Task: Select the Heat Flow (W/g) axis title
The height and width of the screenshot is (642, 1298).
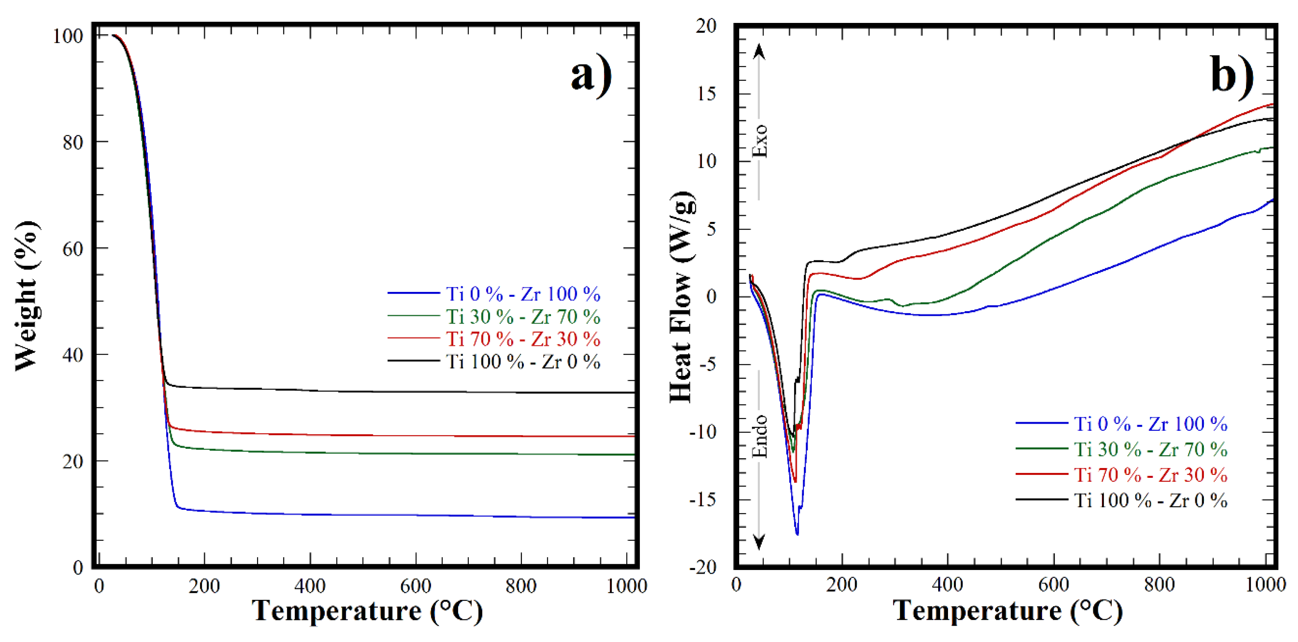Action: pyautogui.click(x=682, y=297)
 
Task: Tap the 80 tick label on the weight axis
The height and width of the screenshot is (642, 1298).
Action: pyautogui.click(x=72, y=142)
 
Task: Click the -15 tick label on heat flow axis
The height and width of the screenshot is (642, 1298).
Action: pyautogui.click(x=702, y=500)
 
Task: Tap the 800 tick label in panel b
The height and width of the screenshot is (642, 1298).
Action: pyautogui.click(x=1159, y=585)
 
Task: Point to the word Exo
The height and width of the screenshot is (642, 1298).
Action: pyautogui.click(x=759, y=141)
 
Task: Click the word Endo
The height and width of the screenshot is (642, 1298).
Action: pyautogui.click(x=759, y=436)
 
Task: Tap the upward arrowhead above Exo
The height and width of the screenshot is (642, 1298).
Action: pyautogui.click(x=759, y=51)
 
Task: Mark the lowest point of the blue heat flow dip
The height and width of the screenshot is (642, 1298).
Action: pyautogui.click(x=797, y=534)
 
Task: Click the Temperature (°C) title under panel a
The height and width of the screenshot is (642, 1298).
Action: pyautogui.click(x=367, y=611)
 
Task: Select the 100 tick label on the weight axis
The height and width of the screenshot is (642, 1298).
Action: pyautogui.click(x=68, y=36)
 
